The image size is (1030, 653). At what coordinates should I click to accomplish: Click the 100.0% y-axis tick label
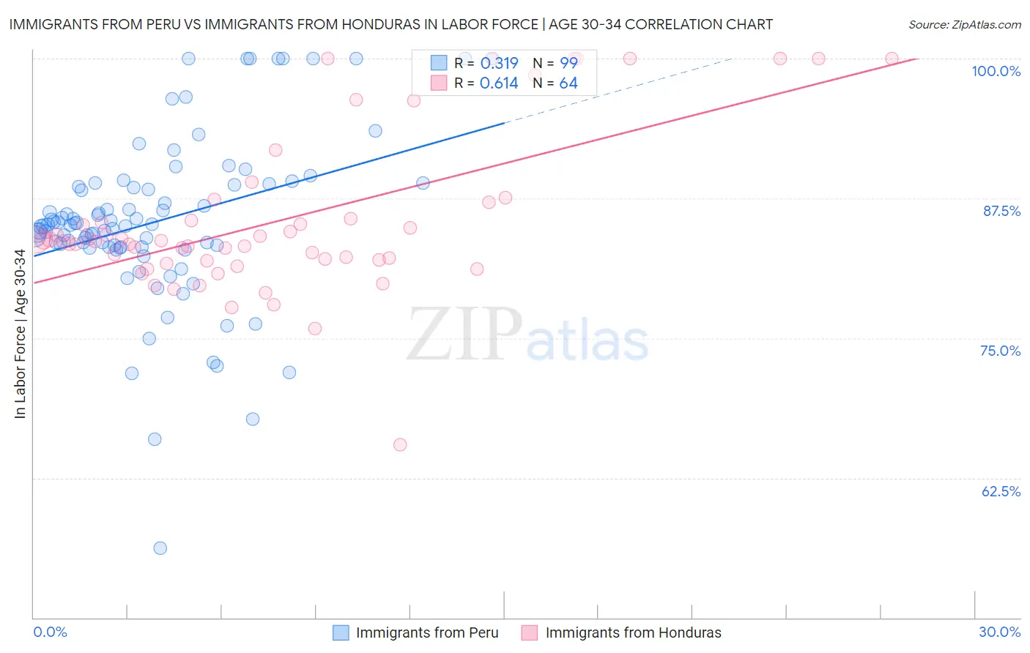(x=996, y=71)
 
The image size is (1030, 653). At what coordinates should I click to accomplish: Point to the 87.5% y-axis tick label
(x=1001, y=211)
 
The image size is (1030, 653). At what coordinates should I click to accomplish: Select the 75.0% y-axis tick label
(x=1000, y=351)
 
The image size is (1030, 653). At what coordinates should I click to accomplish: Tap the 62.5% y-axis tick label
(x=1001, y=491)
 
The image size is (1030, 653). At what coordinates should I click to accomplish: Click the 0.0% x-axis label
(x=50, y=632)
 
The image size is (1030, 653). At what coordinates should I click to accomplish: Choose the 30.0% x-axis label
(x=999, y=632)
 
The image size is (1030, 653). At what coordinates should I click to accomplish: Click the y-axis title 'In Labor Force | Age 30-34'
(x=20, y=334)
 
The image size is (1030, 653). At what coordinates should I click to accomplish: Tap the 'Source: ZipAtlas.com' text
(x=964, y=25)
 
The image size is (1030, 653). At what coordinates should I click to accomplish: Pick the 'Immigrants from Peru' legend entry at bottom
(x=426, y=633)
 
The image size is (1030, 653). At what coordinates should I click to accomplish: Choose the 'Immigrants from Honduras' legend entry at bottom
(x=633, y=633)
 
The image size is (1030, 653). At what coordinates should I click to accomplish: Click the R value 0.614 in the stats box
(x=499, y=83)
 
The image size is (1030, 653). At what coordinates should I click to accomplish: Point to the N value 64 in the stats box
(x=568, y=83)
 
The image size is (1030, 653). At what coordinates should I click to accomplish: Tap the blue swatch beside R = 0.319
(x=439, y=63)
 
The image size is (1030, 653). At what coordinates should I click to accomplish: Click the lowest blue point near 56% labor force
(x=160, y=548)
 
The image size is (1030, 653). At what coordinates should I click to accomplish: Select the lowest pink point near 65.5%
(x=400, y=444)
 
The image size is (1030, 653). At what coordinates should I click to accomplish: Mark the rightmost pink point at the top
(x=892, y=59)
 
